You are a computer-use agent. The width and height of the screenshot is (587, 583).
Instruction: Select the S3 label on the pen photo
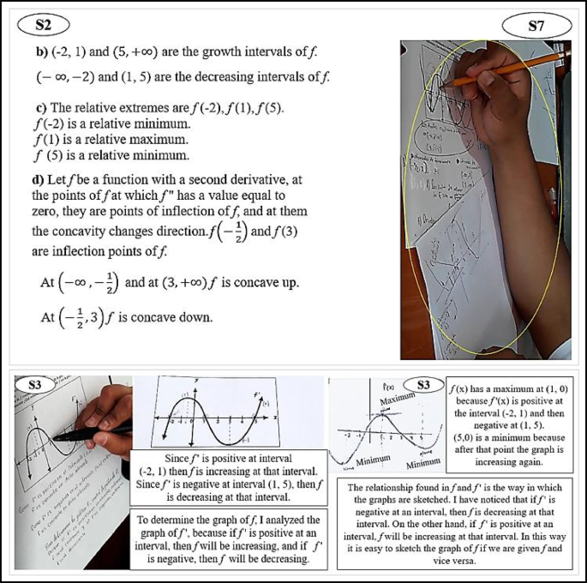tap(35, 386)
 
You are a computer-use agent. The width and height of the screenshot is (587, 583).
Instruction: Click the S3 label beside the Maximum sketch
tap(422, 385)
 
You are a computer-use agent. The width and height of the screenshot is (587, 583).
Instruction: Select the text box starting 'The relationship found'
tap(458, 525)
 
